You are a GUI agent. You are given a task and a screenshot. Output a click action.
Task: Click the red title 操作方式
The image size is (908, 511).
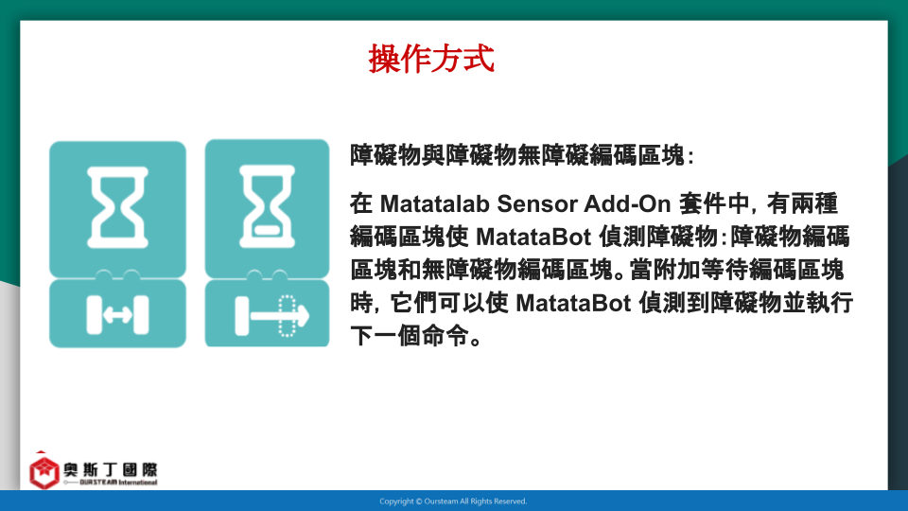pyautogui.click(x=431, y=59)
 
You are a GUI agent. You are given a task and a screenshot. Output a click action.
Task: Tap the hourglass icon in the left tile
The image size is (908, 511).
pyautogui.click(x=117, y=207)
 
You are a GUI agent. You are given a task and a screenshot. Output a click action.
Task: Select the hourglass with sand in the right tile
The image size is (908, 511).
pyautogui.click(x=267, y=206)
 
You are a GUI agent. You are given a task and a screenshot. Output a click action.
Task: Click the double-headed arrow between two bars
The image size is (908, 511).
pyautogui.click(x=117, y=315)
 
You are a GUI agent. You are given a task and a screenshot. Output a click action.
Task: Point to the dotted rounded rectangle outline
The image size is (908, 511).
pyautogui.click(x=287, y=316)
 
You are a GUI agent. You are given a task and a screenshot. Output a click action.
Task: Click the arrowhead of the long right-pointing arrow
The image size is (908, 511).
pyautogui.click(x=303, y=316)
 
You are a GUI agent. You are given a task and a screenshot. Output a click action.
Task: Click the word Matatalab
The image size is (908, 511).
pyautogui.click(x=434, y=204)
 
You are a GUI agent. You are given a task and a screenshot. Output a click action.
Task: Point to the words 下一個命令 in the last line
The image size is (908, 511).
pyautogui.click(x=410, y=336)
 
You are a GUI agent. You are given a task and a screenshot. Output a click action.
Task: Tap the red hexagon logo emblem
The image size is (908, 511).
pyautogui.click(x=44, y=471)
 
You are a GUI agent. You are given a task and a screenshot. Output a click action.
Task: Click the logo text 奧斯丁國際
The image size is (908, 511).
pyautogui.click(x=111, y=468)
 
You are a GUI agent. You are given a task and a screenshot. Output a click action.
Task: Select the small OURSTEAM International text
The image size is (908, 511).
pyautogui.click(x=118, y=482)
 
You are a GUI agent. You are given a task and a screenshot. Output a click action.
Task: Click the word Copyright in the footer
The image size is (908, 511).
pyautogui.click(x=397, y=502)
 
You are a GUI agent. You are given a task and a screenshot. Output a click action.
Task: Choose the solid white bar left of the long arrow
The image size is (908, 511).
pyautogui.click(x=241, y=316)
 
